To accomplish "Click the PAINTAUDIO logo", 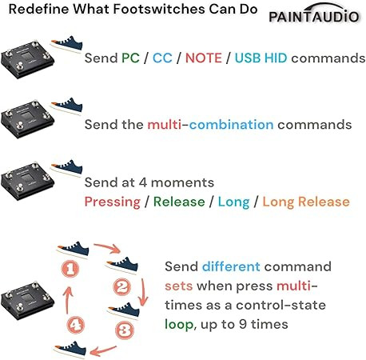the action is point(314,14).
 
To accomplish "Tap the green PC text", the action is point(130,58).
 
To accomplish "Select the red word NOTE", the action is point(204,58).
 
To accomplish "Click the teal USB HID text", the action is point(261,58).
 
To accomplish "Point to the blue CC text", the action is point(162,58).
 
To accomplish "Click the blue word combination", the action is point(232,125).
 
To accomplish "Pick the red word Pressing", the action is point(113,202).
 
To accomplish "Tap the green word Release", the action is point(179,202).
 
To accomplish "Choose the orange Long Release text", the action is point(306,202).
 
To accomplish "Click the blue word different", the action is point(231,266).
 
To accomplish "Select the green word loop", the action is point(179,325).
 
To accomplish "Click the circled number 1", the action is point(70,269).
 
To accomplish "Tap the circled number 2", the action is point(122,287).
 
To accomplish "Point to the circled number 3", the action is point(125,330).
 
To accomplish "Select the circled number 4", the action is point(76,325).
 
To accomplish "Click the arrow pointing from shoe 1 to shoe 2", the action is point(108,247).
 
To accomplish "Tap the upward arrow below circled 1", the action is point(68,300).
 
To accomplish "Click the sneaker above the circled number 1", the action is point(73,250).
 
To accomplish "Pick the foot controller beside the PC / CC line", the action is point(27,59).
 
